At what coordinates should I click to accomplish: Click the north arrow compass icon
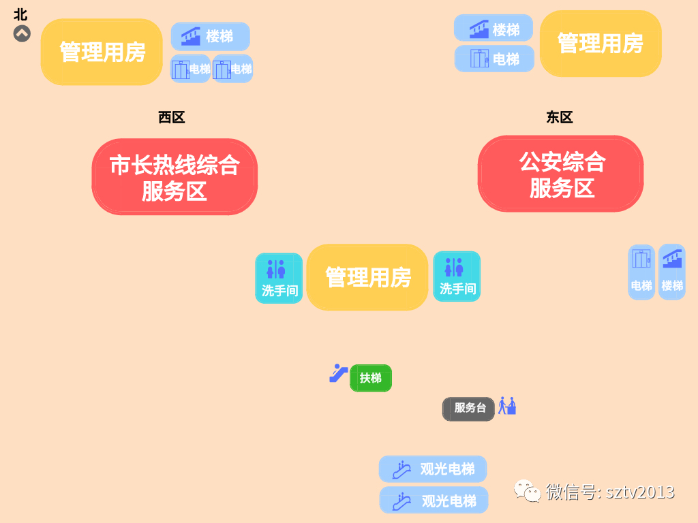[x=22, y=33]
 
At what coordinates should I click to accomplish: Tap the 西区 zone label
[x=172, y=118]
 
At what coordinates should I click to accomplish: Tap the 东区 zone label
[x=560, y=118]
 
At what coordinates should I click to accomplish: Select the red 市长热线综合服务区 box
[x=174, y=177]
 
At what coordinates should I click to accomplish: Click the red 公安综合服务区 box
[x=560, y=174]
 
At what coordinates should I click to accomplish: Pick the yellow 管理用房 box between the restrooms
[x=367, y=277]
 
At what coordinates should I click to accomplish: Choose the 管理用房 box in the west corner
[x=102, y=52]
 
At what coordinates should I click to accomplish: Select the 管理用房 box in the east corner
[x=601, y=44]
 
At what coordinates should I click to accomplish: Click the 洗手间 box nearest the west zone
[x=279, y=278]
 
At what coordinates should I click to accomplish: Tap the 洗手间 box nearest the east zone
[x=457, y=276]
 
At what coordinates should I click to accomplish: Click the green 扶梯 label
[x=371, y=378]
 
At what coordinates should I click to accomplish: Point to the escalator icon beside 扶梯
[x=338, y=373]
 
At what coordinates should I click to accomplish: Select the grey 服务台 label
[x=468, y=409]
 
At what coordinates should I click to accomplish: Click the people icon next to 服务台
[x=507, y=406]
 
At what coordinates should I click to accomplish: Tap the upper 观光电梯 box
[x=433, y=469]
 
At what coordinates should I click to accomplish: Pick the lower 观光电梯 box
[x=434, y=501]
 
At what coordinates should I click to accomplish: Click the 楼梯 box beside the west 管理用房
[x=210, y=36]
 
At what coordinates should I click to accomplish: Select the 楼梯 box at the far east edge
[x=671, y=272]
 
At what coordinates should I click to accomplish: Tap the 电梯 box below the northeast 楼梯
[x=494, y=59]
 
